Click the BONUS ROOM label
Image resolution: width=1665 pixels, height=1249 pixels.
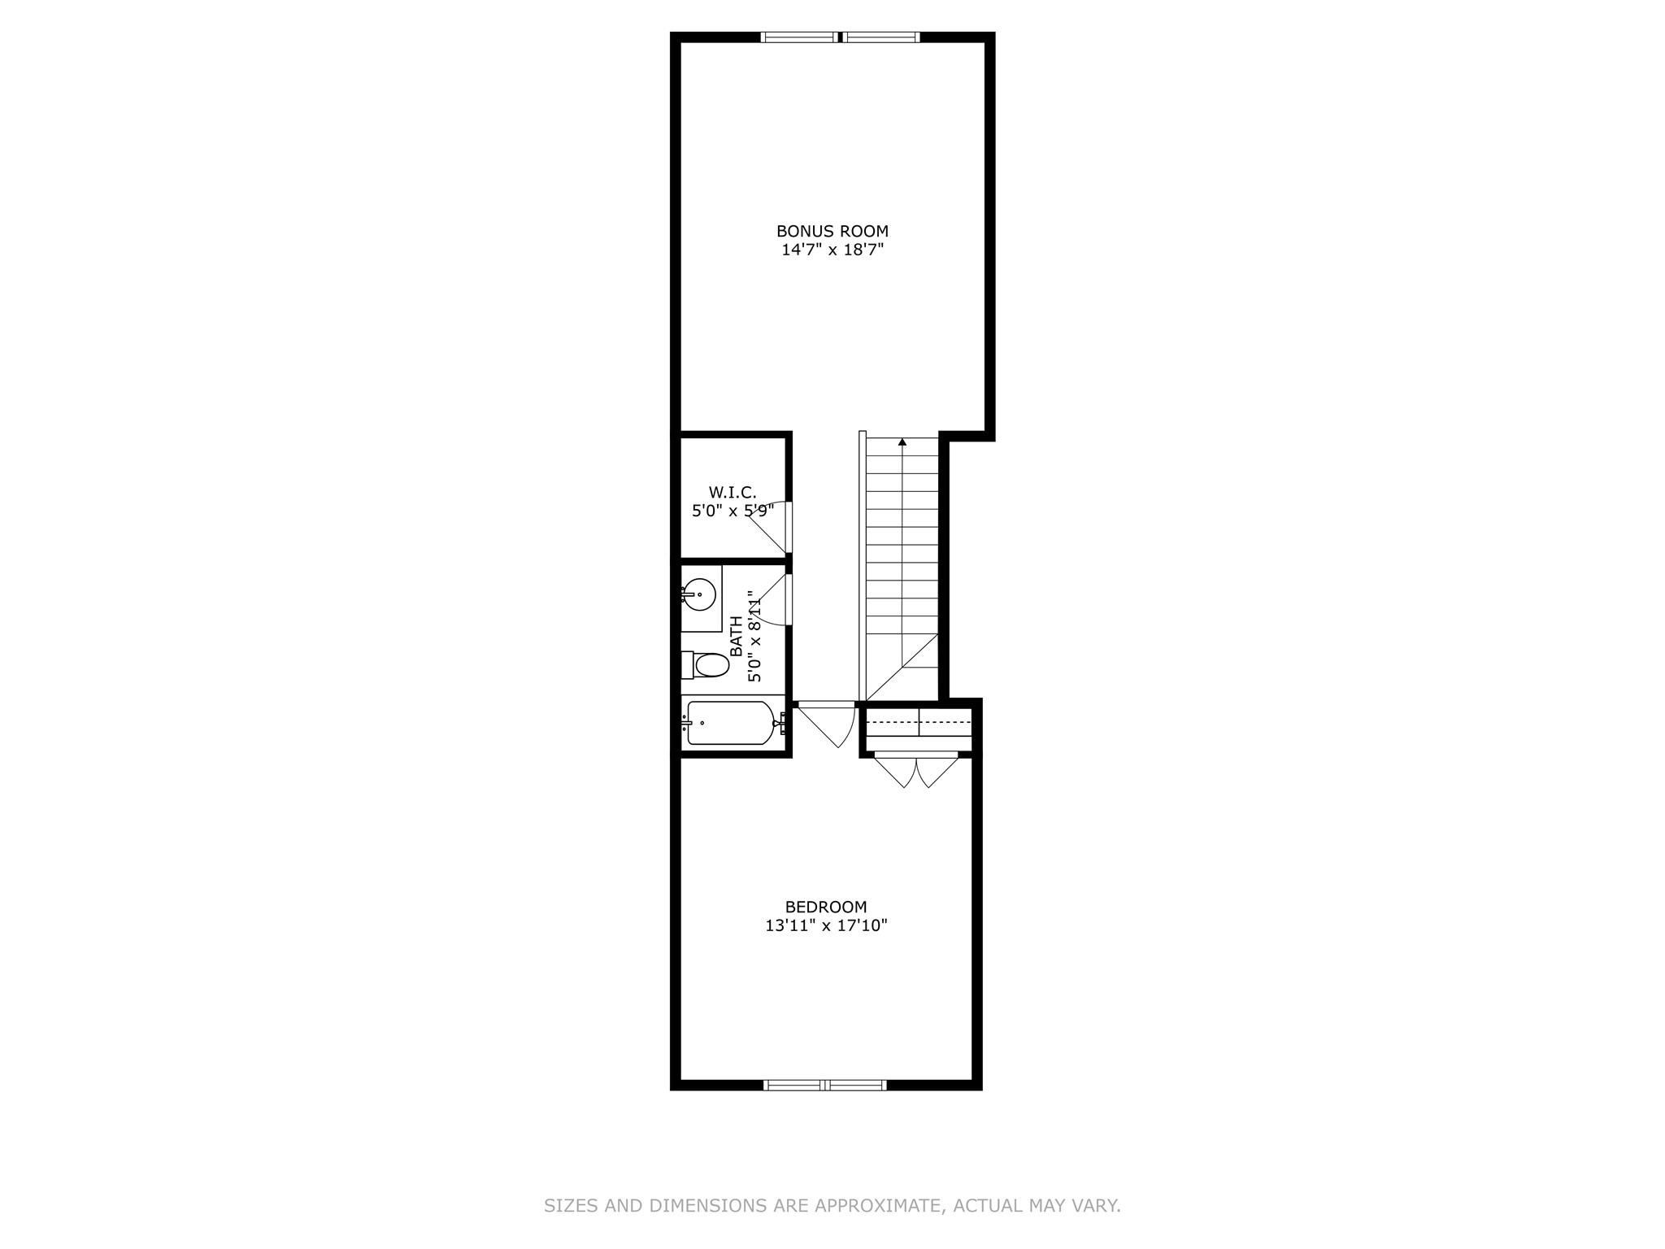[832, 231]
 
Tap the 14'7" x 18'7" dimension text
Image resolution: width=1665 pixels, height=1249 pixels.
[832, 250]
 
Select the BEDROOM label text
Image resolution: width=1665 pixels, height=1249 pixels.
[825, 907]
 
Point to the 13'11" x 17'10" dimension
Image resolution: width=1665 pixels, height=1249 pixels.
[825, 925]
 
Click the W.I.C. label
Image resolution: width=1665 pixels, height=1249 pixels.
[732, 492]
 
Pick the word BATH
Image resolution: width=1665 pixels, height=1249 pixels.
[737, 637]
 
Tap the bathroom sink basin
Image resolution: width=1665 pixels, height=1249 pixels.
[698, 594]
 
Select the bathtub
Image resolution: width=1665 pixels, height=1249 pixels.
[731, 723]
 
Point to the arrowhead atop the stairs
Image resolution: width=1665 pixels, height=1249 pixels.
[902, 442]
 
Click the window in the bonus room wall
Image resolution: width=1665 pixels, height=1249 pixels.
[840, 37]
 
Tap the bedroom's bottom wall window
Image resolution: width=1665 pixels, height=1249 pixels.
[825, 1084]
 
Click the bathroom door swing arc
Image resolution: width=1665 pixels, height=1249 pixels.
[772, 602]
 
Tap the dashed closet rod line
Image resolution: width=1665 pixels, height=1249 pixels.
[919, 722]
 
